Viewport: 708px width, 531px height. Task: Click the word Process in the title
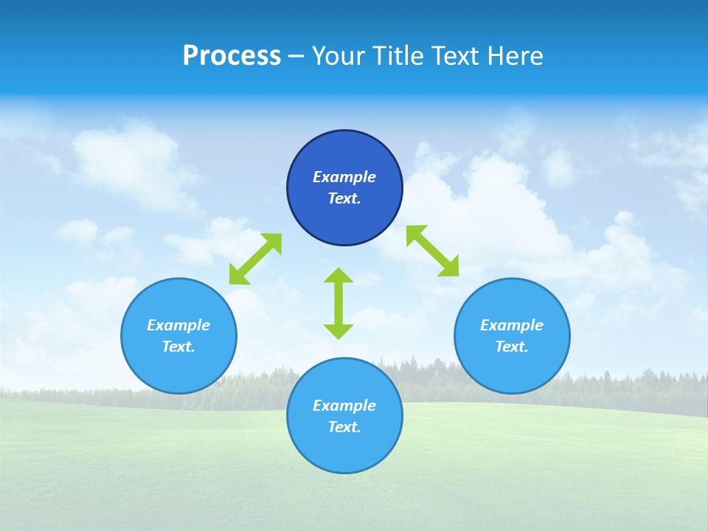(232, 56)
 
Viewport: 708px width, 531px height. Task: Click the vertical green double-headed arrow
(339, 304)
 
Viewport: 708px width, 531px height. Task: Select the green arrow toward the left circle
(255, 259)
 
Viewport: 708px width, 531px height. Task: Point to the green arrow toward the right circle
(432, 251)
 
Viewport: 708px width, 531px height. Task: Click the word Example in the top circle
(344, 177)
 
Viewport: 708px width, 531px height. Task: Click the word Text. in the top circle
(344, 198)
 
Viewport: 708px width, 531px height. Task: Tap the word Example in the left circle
(178, 325)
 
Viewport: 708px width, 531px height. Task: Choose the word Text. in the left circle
(178, 347)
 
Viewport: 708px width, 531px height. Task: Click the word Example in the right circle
(512, 325)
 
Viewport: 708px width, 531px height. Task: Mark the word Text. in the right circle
(512, 347)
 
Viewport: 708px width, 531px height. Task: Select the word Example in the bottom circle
(344, 406)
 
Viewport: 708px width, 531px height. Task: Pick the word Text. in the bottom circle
(344, 427)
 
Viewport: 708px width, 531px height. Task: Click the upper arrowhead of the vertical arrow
(339, 276)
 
